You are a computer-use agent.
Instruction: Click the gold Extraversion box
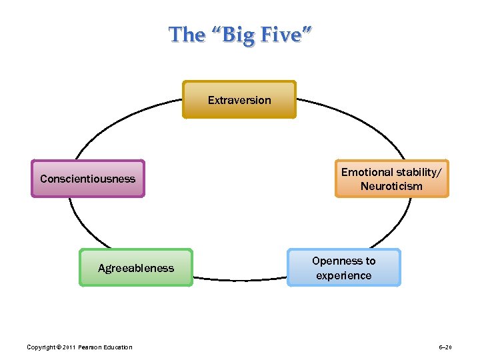(x=239, y=100)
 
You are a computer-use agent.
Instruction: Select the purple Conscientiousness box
(x=87, y=179)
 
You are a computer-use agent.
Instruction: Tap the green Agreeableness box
(x=136, y=268)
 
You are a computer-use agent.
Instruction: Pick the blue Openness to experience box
(x=344, y=268)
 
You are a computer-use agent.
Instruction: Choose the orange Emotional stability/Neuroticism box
(x=391, y=179)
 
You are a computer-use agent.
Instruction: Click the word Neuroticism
(x=391, y=186)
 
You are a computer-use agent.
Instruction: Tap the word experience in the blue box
(x=344, y=275)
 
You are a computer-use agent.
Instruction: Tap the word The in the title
(x=187, y=34)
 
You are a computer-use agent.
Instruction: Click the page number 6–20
(x=445, y=347)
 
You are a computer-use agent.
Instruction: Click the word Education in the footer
(x=117, y=347)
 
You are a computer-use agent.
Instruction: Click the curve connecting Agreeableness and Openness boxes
(x=240, y=278)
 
